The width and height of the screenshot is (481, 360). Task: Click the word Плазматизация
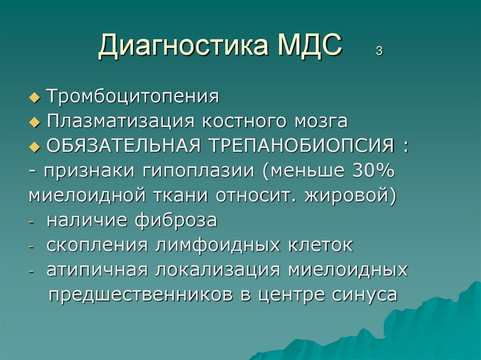coord(121,122)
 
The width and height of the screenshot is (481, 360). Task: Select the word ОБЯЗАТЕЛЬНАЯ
coord(124,146)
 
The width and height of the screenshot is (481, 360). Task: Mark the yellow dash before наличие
coord(31,222)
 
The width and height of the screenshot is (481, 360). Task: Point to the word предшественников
coord(141,295)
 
